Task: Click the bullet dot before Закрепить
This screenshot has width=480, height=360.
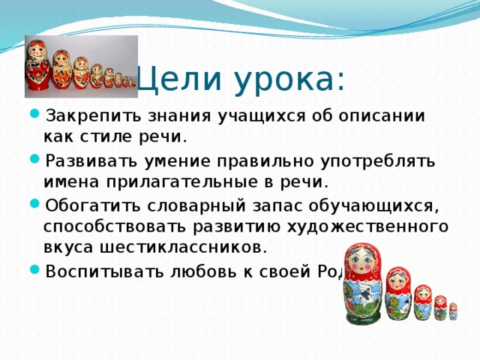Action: pos(35,116)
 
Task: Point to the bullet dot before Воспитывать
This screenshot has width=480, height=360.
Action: pos(35,270)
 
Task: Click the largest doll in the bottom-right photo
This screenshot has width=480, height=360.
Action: pos(363,285)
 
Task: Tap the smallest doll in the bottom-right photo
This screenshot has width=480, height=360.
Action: pos(453,311)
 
